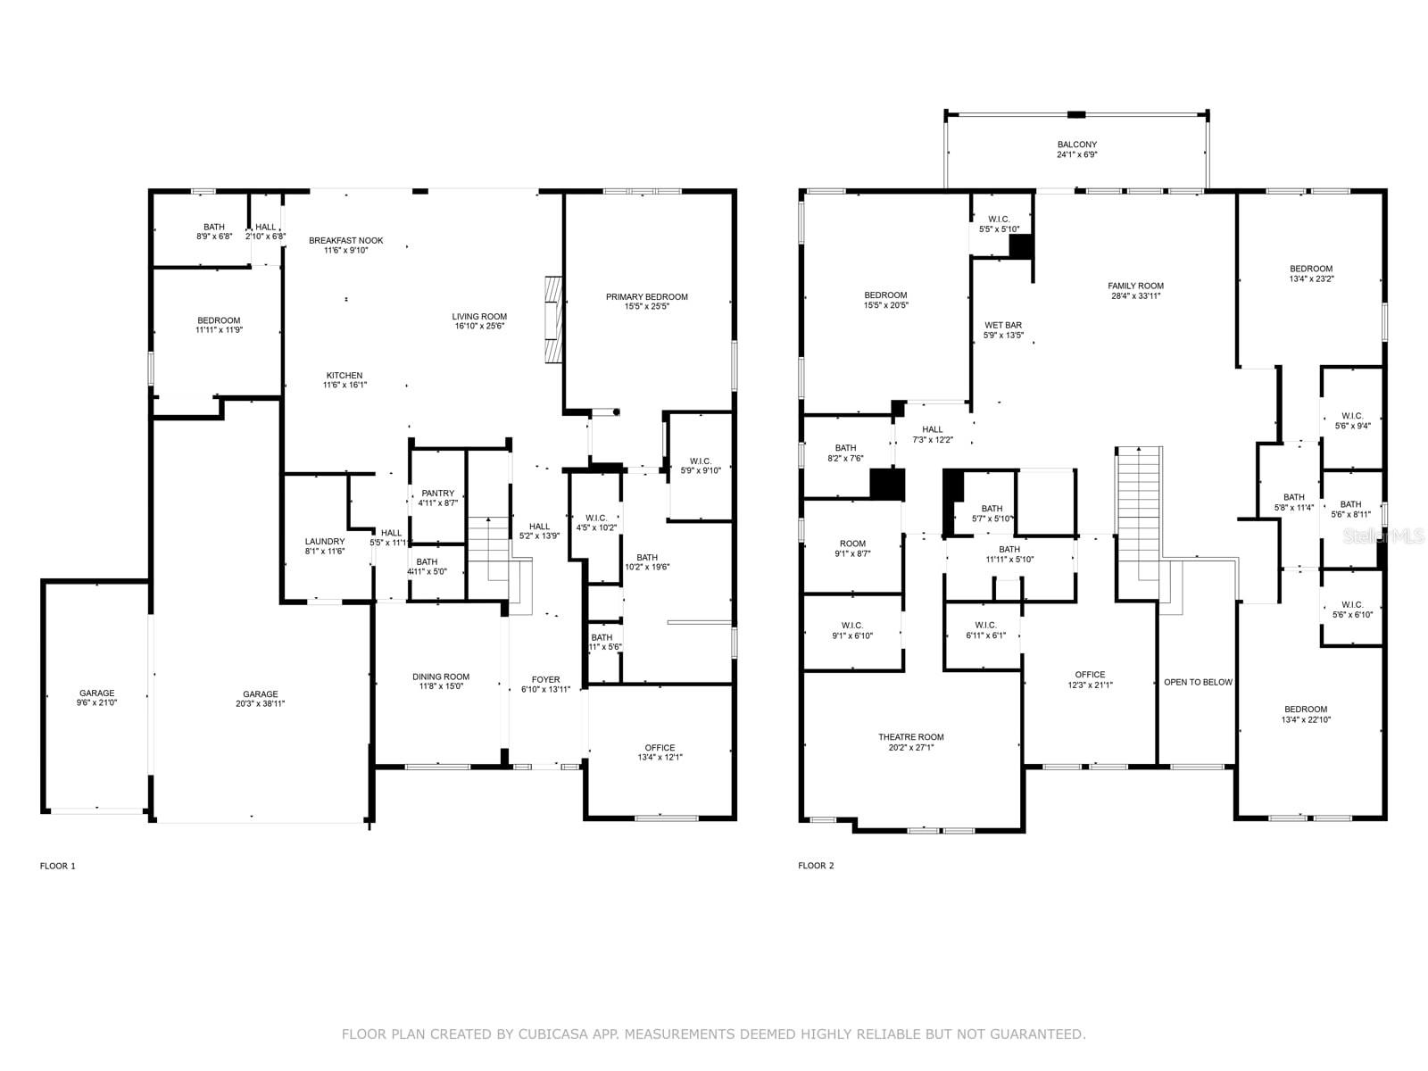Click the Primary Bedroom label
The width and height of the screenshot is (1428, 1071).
pos(646,297)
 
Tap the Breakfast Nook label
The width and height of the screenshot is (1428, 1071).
pos(345,241)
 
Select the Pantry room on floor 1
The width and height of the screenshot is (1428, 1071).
pos(437,494)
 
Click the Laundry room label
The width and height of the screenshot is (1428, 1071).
pos(324,542)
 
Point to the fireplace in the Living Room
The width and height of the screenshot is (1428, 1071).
pos(554,320)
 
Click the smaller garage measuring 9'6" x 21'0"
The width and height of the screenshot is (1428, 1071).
pos(96,693)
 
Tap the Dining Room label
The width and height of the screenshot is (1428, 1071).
pos(440,677)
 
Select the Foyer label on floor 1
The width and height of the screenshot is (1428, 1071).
pos(545,680)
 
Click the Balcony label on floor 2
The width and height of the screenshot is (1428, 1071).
pos(1076,145)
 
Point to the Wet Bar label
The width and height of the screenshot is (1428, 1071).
pos(1002,326)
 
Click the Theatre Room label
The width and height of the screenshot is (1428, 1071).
pos(910,737)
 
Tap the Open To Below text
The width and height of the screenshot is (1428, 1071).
pos(1197,682)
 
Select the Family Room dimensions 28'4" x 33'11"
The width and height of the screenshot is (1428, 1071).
pos(1135,296)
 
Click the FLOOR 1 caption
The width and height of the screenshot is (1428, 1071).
pos(58,866)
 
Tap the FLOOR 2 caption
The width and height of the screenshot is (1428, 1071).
pos(816,866)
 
